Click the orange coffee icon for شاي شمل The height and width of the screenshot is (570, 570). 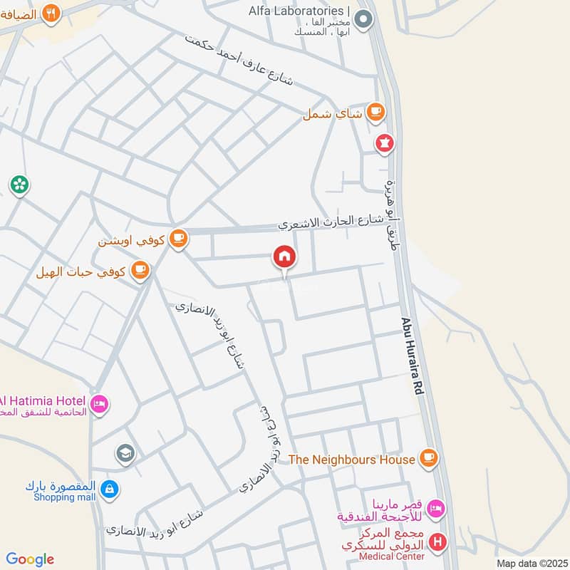tap(375, 112)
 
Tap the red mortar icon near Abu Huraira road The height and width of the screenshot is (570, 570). tap(385, 143)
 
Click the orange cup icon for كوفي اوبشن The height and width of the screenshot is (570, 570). tap(178, 240)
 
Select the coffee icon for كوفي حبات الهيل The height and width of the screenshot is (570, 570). tap(140, 271)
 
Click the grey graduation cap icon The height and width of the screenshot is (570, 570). tap(125, 454)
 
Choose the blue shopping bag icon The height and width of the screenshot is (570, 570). tap(110, 489)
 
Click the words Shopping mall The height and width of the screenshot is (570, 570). tap(63, 498)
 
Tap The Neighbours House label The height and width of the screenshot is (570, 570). tap(351, 460)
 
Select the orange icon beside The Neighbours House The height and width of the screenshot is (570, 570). tap(427, 457)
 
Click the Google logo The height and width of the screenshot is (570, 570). tap(30, 559)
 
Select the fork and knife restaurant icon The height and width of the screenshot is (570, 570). tap(51, 14)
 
